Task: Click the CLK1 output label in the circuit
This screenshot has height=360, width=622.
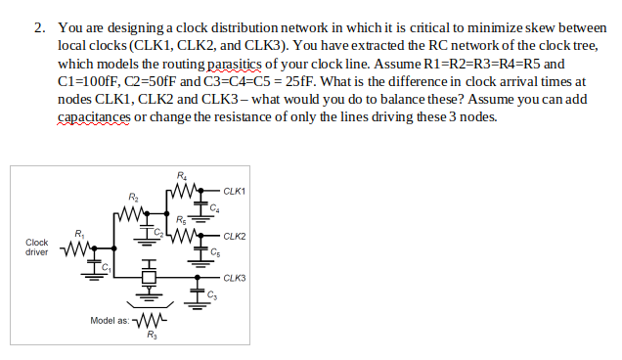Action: [x=235, y=190]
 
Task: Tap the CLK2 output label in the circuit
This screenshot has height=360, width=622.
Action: [x=235, y=236]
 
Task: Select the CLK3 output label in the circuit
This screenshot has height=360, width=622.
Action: [x=235, y=278]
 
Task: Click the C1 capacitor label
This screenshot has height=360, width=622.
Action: [x=106, y=264]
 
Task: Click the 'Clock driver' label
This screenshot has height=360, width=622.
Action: [x=37, y=247]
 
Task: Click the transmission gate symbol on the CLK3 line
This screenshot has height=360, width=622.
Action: [x=151, y=278]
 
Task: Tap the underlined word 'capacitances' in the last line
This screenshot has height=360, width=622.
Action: [x=94, y=116]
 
